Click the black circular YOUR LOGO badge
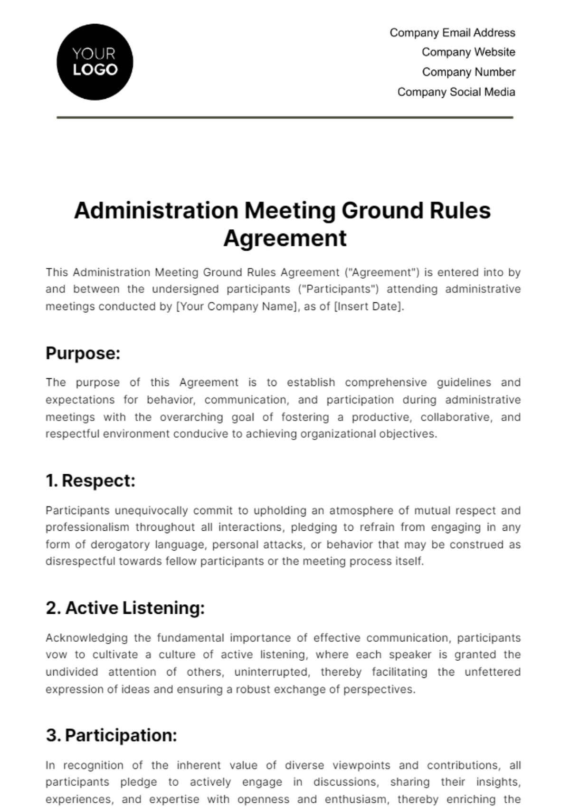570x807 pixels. (x=95, y=62)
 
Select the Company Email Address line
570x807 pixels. (x=452, y=33)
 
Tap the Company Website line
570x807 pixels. (x=468, y=52)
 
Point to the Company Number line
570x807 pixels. (x=468, y=72)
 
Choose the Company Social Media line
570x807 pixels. (x=456, y=92)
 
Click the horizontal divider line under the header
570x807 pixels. (x=285, y=117)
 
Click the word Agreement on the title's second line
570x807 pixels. (x=285, y=238)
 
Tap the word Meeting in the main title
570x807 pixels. (x=290, y=211)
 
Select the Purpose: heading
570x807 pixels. (x=83, y=353)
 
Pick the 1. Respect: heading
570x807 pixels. (x=91, y=480)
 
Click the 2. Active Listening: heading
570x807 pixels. (x=125, y=608)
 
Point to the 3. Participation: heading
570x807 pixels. (x=112, y=735)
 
